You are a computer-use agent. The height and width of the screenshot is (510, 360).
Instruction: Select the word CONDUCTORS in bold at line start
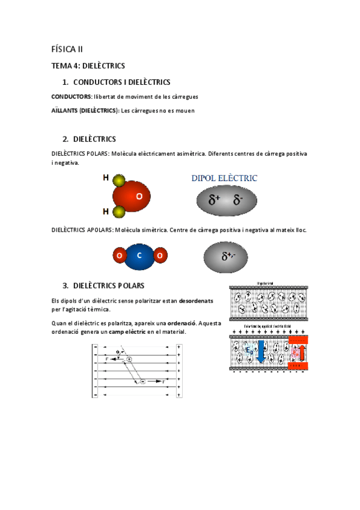coord(71,97)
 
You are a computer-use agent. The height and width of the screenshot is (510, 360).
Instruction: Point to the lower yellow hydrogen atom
coord(118,211)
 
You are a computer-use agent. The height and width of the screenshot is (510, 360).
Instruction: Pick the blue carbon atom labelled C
coord(139,255)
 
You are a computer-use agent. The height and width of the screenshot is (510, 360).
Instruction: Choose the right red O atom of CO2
coord(159,255)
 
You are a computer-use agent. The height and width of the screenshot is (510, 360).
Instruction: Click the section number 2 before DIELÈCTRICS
coord(65,139)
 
